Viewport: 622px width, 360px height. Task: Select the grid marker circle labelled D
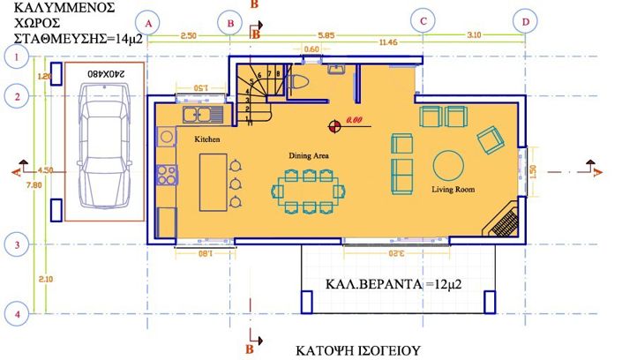pyautogui.click(x=527, y=21)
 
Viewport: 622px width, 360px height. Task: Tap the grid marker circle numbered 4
pyautogui.click(x=14, y=312)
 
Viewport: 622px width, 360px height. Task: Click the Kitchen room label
pyautogui.click(x=206, y=140)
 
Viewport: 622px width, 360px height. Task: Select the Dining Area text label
pyautogui.click(x=309, y=155)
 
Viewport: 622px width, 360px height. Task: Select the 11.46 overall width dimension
pyautogui.click(x=387, y=41)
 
